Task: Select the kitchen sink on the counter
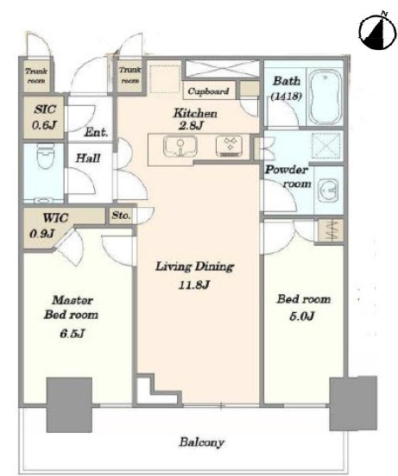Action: [180, 147]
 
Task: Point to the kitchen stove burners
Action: [230, 146]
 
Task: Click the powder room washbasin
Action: [328, 190]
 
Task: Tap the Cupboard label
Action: [208, 91]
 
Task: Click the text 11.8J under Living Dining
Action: [194, 285]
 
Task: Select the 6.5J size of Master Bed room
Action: [72, 334]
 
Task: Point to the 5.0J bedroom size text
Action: [301, 316]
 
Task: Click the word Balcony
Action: [202, 442]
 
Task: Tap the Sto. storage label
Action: [121, 216]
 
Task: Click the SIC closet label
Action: [45, 110]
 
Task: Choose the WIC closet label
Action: [55, 217]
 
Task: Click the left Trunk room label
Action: [36, 76]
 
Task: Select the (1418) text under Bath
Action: [286, 97]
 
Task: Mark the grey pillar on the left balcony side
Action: [69, 405]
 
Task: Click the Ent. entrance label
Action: [96, 132]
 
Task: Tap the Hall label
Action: [88, 158]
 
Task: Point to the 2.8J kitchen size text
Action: [191, 125]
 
